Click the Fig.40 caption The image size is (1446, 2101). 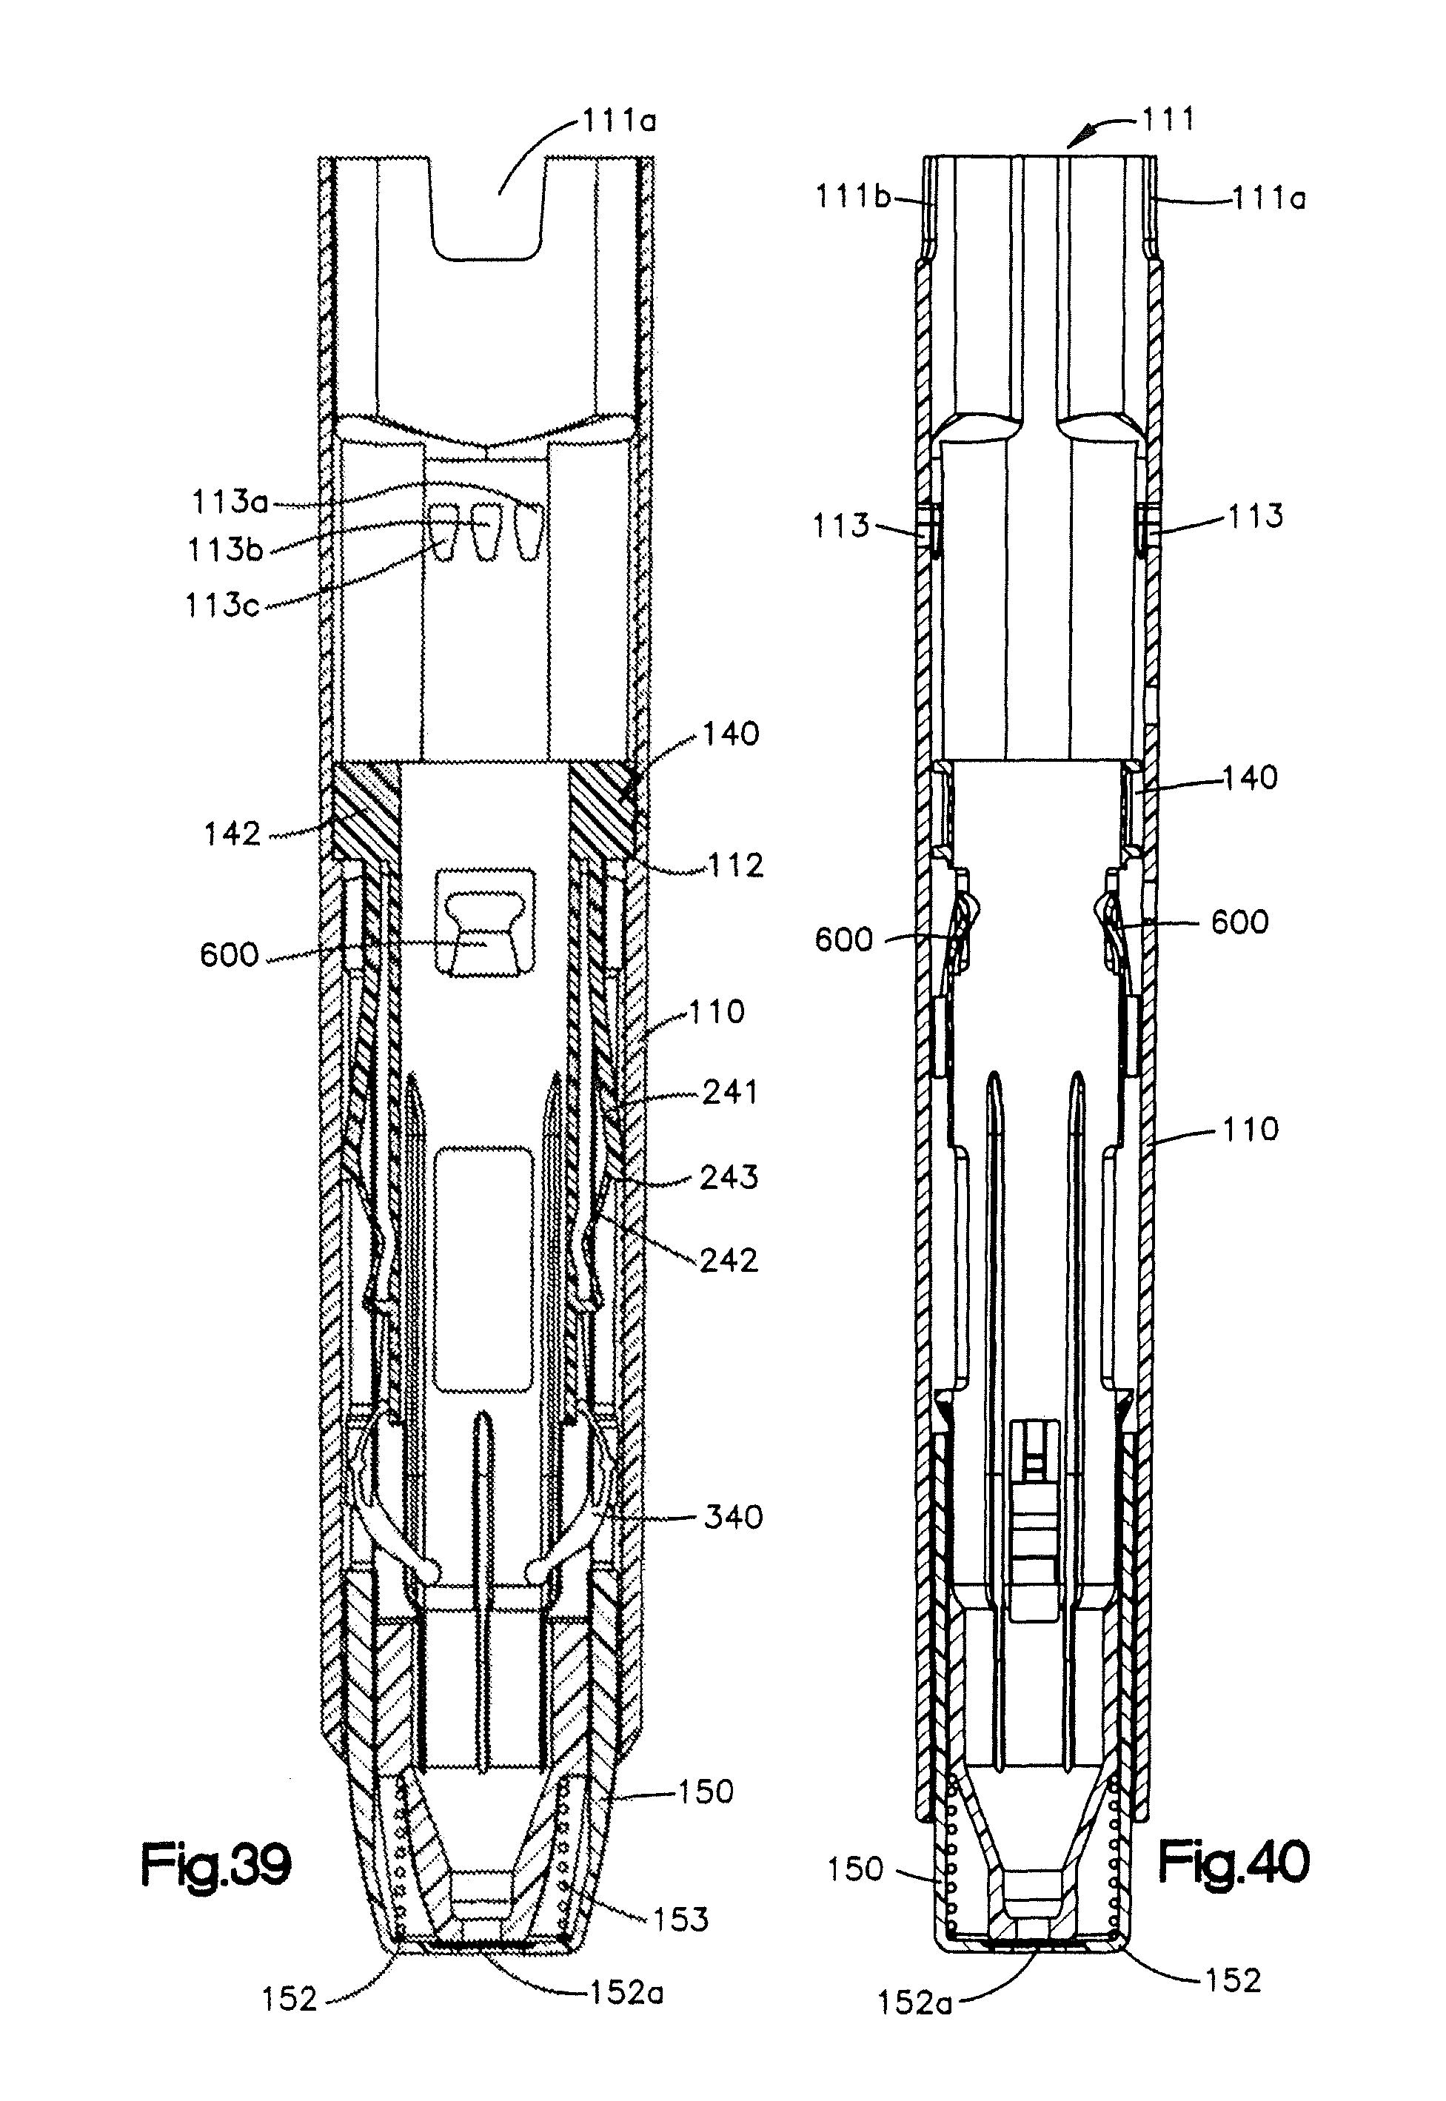1234,1865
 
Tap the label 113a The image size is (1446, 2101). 230,501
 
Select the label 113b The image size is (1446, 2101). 226,549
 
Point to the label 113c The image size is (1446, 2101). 223,604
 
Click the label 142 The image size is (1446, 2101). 232,834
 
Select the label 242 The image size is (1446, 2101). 729,1259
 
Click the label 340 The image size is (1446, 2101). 733,1517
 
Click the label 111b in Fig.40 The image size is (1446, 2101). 852,195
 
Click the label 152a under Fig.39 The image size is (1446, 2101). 627,1992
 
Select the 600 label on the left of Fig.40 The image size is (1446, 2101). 843,939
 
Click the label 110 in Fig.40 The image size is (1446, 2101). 1251,1129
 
